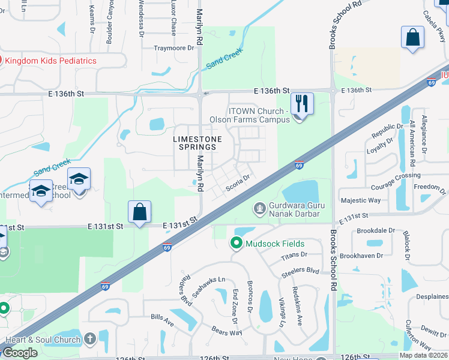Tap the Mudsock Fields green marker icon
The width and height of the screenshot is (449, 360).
(236, 244)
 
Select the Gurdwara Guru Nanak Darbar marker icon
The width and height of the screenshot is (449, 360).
(260, 209)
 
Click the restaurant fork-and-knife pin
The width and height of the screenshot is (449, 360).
(302, 103)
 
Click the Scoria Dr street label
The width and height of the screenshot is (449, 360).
(238, 182)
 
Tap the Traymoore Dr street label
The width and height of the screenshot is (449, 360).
(175, 48)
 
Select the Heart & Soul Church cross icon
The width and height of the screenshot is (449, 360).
(90, 340)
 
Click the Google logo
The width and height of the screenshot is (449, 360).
(20, 353)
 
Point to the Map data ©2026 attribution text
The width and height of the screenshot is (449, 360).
(423, 355)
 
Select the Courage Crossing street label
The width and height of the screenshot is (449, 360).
(396, 175)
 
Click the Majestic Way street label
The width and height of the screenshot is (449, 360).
(360, 200)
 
